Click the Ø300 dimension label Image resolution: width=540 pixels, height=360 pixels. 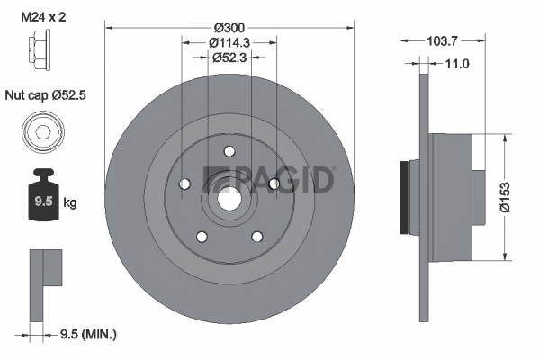click(229, 28)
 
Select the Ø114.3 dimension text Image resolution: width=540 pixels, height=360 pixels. click(229, 42)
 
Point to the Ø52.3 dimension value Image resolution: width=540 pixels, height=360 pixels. click(229, 58)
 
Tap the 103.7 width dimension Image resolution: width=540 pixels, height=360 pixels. click(442, 41)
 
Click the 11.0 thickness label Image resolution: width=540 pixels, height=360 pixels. click(457, 64)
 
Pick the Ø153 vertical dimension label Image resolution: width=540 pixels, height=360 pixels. click(505, 197)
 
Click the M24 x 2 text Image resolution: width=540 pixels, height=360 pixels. click(43, 17)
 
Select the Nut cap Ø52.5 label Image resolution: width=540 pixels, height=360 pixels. click(46, 95)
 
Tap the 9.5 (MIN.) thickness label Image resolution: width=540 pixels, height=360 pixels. click(88, 334)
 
